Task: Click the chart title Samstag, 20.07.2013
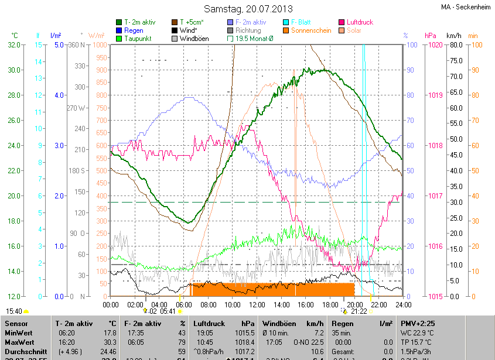(x=248, y=9)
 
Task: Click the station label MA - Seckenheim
(x=465, y=7)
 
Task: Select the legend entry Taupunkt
(x=138, y=38)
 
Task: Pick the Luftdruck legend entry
(x=359, y=22)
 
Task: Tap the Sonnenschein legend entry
(x=311, y=30)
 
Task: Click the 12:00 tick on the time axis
(x=257, y=304)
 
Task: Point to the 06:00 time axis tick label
(x=184, y=304)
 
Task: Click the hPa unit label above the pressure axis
(x=431, y=35)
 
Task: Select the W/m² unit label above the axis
(x=97, y=35)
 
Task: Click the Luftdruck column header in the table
(x=209, y=323)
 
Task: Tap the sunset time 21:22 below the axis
(x=359, y=311)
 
